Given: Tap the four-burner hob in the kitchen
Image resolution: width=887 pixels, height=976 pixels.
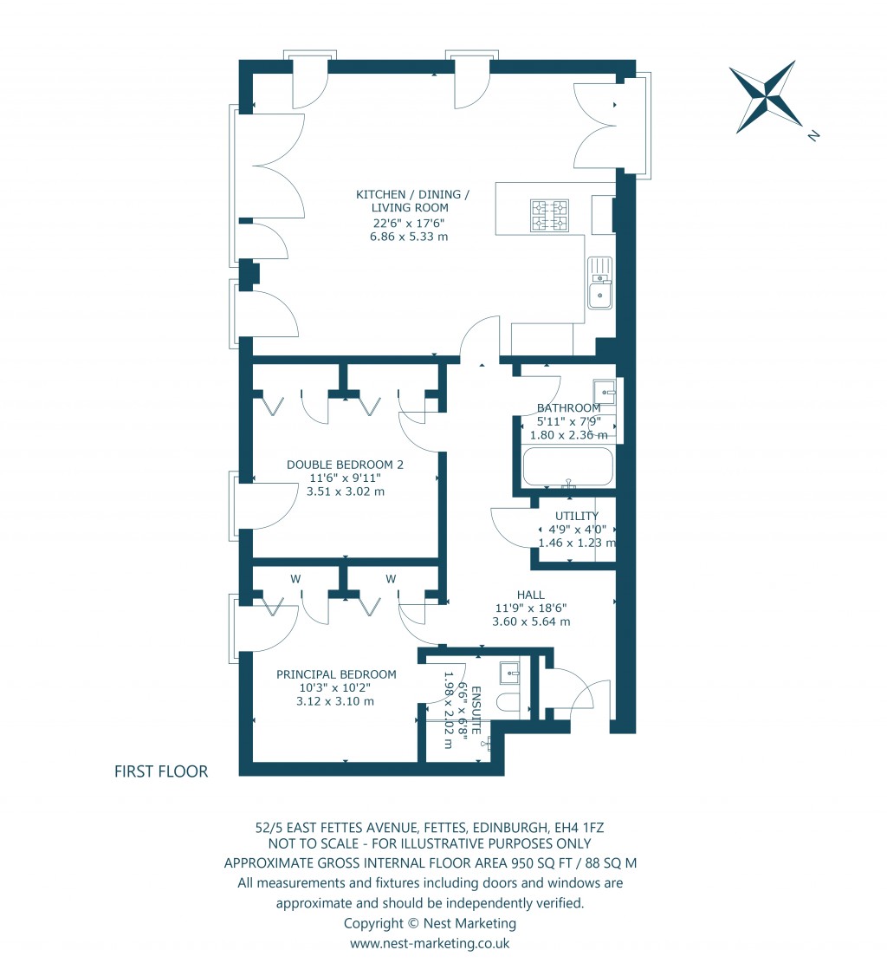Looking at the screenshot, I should pyautogui.click(x=550, y=216).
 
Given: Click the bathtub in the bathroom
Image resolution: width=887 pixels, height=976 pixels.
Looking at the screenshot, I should pyautogui.click(x=567, y=467).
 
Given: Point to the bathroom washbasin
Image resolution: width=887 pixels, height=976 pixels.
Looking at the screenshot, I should pyautogui.click(x=605, y=393).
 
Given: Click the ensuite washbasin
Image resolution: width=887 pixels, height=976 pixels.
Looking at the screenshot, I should pyautogui.click(x=509, y=670).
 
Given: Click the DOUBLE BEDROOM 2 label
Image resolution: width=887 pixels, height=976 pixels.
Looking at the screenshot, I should pyautogui.click(x=346, y=464).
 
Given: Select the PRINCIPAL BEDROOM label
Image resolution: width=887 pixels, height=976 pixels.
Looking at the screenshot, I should pyautogui.click(x=336, y=673).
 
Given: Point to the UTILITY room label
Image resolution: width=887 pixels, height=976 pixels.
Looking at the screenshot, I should pyautogui.click(x=577, y=516).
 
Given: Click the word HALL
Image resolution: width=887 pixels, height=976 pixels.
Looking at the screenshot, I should pyautogui.click(x=530, y=595).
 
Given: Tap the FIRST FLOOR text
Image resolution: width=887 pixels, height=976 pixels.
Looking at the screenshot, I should pyautogui.click(x=161, y=771).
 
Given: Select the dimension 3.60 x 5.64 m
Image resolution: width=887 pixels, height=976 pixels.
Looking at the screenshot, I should pyautogui.click(x=531, y=621).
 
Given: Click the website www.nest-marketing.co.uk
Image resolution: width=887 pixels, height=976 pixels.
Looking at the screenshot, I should pyautogui.click(x=430, y=944).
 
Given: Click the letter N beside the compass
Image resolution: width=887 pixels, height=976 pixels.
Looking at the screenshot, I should pyautogui.click(x=813, y=135).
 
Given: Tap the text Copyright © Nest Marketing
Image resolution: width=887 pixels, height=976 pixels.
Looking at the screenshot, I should pyautogui.click(x=430, y=923).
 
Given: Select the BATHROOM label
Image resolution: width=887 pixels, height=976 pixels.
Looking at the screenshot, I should pyautogui.click(x=568, y=407).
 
